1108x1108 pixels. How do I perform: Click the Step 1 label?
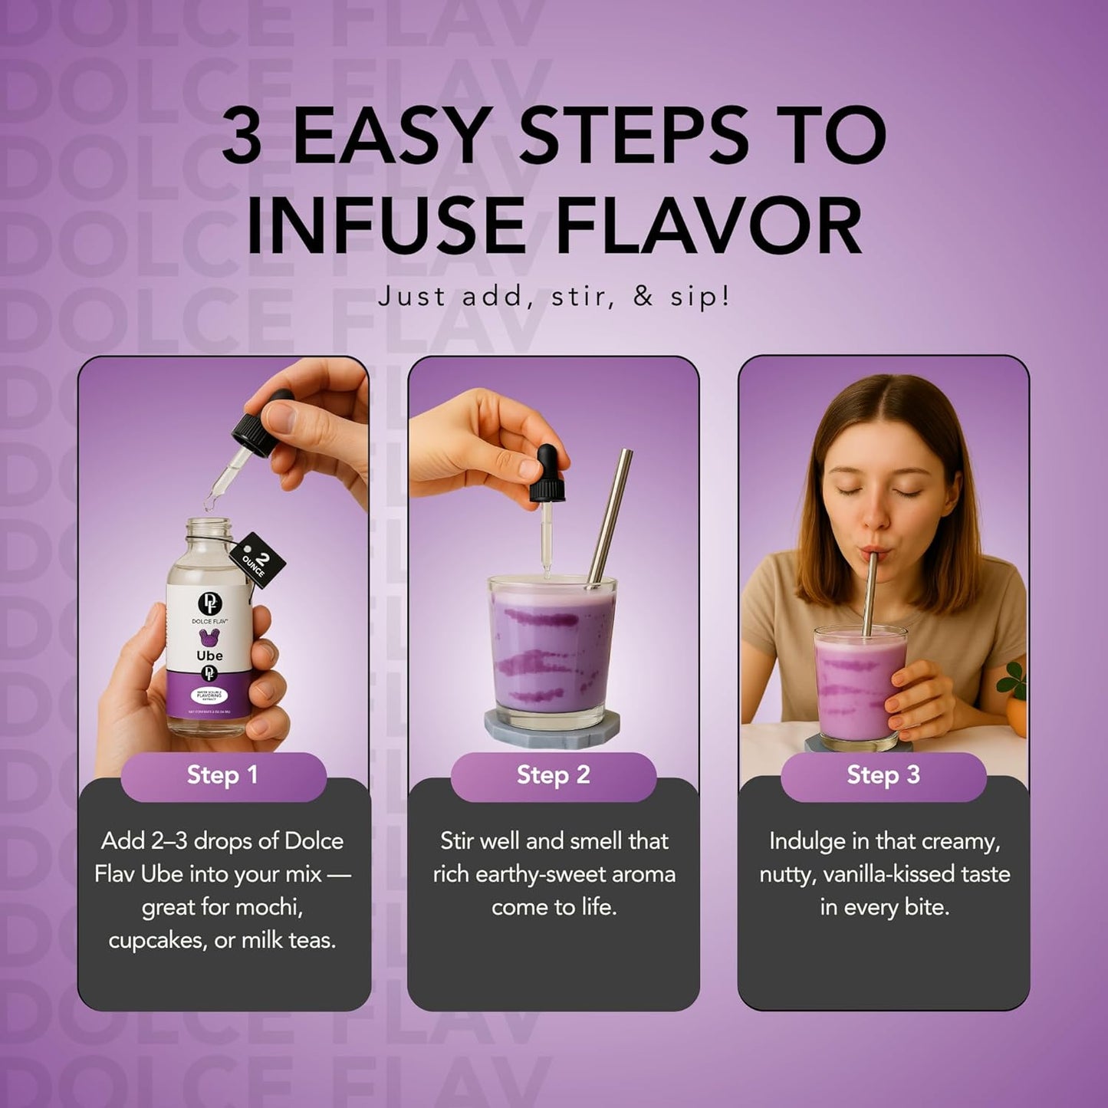point(222,775)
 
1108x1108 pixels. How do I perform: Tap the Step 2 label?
point(553,775)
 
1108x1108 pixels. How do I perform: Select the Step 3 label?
point(883,775)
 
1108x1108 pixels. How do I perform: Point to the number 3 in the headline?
point(242,136)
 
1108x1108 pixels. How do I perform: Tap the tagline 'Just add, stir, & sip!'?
point(554,297)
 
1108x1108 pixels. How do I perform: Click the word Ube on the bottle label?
point(209,655)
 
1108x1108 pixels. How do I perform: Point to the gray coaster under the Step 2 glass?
point(552,728)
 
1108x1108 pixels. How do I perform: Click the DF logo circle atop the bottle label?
point(209,603)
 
